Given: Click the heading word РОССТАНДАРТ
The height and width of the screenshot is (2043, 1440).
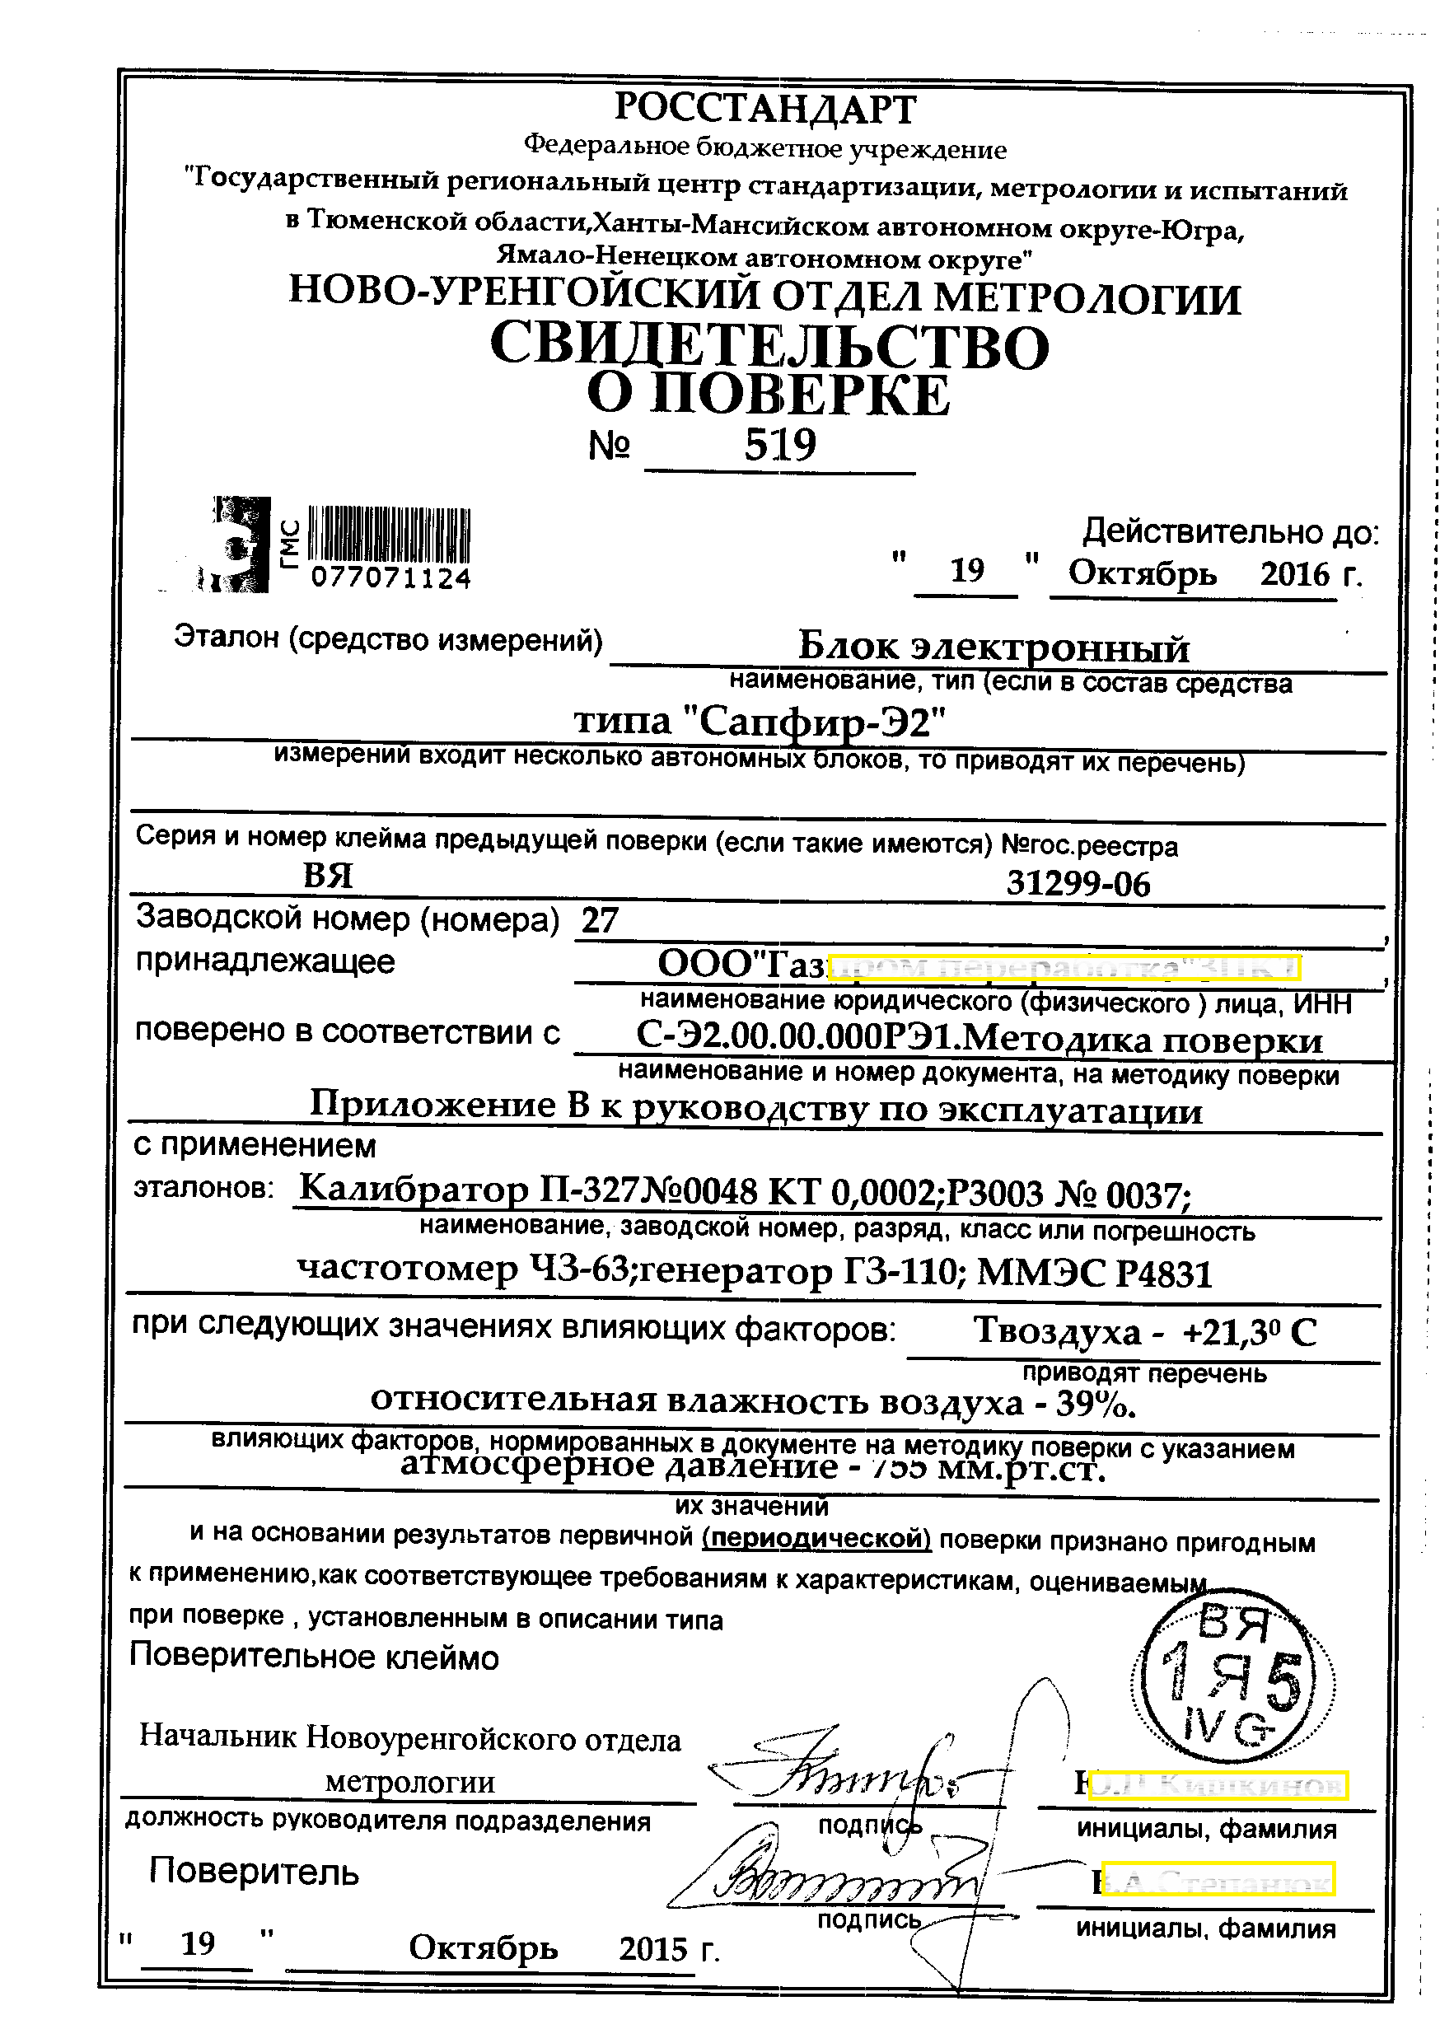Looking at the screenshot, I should pyautogui.click(x=764, y=109).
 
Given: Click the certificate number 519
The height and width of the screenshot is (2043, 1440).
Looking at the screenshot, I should pyautogui.click(x=779, y=443).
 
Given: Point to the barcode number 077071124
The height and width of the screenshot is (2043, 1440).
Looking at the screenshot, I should pyautogui.click(x=390, y=578).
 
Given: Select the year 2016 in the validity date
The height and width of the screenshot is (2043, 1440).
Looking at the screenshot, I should pyautogui.click(x=1294, y=574).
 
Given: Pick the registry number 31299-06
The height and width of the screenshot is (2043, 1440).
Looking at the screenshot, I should pyautogui.click(x=1078, y=884).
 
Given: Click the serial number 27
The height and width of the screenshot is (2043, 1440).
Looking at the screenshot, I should pyautogui.click(x=600, y=919).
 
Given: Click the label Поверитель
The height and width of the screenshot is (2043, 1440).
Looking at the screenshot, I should pyautogui.click(x=254, y=1872).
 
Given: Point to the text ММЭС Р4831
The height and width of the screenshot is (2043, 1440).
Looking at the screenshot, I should pyautogui.click(x=1095, y=1274).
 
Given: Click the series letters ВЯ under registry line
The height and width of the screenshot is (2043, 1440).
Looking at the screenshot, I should pyautogui.click(x=328, y=877).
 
